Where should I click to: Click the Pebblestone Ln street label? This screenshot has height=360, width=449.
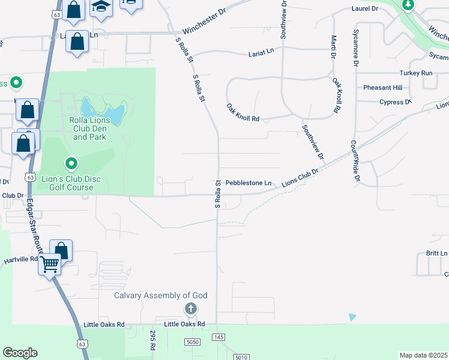(x=249, y=182)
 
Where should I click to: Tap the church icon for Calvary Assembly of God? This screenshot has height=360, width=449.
(x=190, y=309)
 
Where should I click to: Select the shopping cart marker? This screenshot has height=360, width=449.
(x=49, y=264)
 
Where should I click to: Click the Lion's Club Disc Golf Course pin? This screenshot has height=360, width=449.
(x=71, y=163)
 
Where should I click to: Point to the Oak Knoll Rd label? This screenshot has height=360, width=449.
(x=243, y=112)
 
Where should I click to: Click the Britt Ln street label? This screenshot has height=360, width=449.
(x=436, y=254)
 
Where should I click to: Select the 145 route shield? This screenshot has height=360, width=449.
(x=218, y=338)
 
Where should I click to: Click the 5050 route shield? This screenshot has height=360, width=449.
(x=192, y=341)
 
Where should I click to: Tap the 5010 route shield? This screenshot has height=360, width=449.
(x=241, y=358)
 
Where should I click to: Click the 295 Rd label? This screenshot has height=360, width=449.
(x=153, y=340)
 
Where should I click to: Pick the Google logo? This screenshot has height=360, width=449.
(x=20, y=353)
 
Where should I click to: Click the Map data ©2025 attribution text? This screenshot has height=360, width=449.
(x=423, y=355)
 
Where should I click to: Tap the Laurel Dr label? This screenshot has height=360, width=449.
(x=365, y=9)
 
